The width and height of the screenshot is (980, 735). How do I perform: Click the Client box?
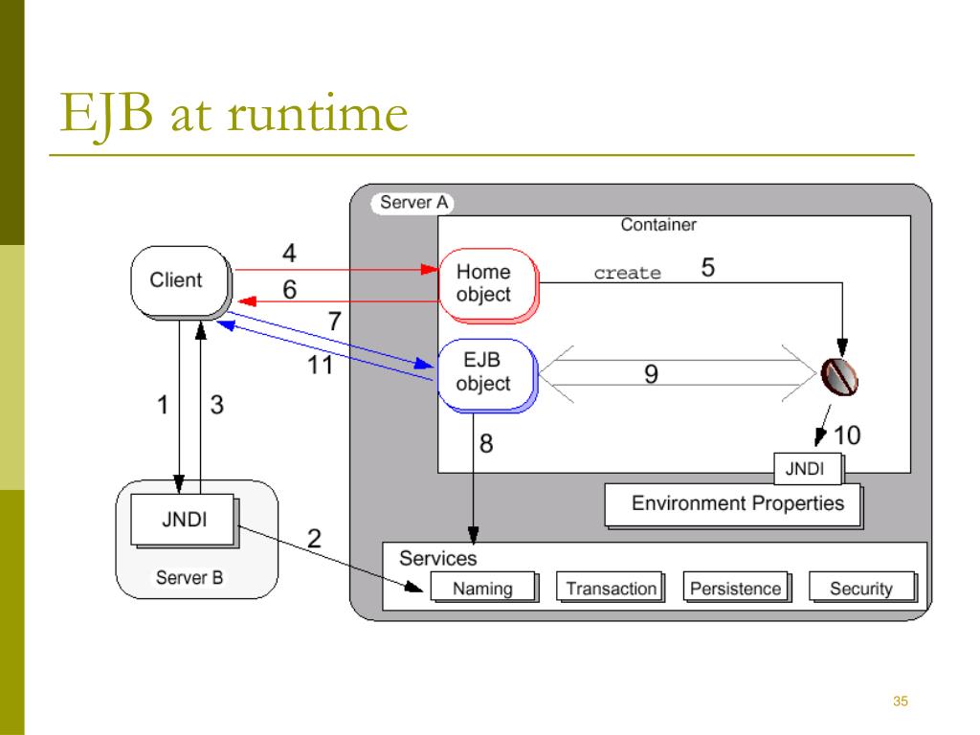[x=181, y=282]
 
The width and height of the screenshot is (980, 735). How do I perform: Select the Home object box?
[x=488, y=285]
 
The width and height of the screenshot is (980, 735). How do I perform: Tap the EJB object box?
[x=487, y=375]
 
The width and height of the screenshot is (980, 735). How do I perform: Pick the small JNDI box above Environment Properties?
[x=808, y=469]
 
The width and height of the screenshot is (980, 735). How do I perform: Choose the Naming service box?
[x=484, y=588]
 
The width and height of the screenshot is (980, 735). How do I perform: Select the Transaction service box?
[x=611, y=588]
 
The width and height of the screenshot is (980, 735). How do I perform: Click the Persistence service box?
[x=737, y=588]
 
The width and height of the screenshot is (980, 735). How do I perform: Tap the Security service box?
[x=863, y=588]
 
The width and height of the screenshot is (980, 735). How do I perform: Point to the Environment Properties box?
[x=734, y=505]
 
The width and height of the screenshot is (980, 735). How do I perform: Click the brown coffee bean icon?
[x=839, y=377]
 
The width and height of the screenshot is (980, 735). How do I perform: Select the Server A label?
[x=413, y=203]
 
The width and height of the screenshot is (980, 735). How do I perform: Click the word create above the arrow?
[x=627, y=273]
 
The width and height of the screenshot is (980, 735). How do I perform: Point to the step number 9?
[x=651, y=374]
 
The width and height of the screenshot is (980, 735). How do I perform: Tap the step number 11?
[x=320, y=365]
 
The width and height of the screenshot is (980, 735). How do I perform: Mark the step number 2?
[x=314, y=538]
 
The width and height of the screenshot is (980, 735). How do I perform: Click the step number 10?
[x=847, y=435]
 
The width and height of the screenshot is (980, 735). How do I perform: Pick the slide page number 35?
[x=900, y=702]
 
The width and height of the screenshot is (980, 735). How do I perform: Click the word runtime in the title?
[x=318, y=114]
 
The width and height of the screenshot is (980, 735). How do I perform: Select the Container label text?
[x=658, y=224]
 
